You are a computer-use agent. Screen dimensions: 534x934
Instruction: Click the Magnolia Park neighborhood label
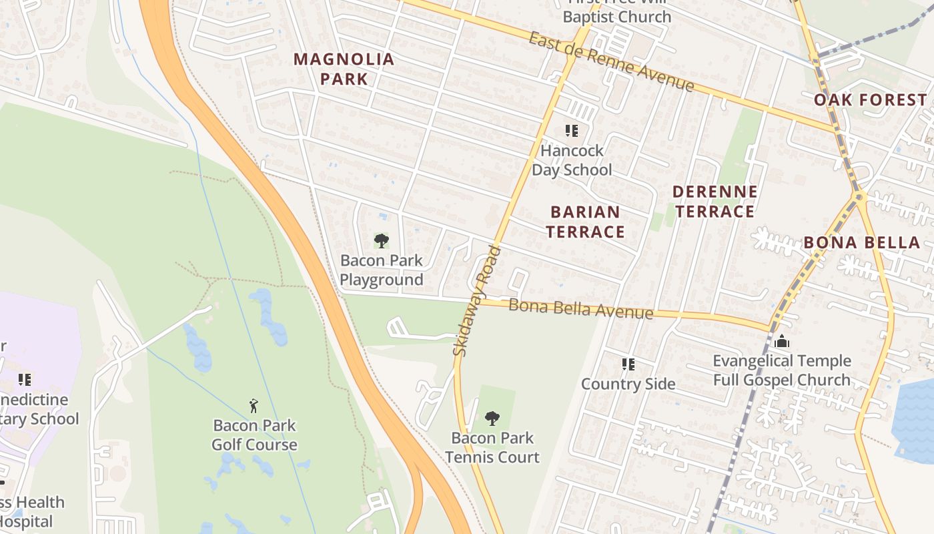pos(344,69)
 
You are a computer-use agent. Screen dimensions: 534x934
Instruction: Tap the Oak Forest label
pos(870,100)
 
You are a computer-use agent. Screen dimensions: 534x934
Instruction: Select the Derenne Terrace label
pos(715,202)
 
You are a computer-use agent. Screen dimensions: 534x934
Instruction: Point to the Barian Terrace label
pos(586,222)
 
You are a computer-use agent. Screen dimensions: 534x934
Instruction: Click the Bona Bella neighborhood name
pos(862,242)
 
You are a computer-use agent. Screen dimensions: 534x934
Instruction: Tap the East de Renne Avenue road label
pos(611,61)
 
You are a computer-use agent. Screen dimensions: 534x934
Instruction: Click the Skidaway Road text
pos(476,300)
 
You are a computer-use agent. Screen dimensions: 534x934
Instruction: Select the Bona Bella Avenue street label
pos(580,309)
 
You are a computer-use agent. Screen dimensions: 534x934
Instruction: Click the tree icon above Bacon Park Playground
pos(381,240)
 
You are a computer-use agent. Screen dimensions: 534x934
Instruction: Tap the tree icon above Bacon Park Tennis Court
pos(492,419)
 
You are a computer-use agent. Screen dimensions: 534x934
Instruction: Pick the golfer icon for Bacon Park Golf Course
pos(254,405)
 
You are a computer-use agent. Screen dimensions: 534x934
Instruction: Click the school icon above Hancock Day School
pos(571,131)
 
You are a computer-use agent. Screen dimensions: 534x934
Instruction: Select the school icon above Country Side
pos(628,364)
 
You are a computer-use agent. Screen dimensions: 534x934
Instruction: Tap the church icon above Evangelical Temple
pos(782,342)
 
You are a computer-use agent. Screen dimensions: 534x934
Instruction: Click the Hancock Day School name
pos(572,160)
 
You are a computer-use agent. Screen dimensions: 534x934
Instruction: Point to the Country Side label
pos(628,384)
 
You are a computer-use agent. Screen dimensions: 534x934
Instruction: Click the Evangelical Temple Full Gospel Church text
pos(782,370)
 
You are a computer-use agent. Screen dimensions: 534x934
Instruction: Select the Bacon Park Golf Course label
pos(254,435)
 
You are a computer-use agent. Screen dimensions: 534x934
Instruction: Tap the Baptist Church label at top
pos(616,16)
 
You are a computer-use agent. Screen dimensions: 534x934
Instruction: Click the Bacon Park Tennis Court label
pos(492,447)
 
